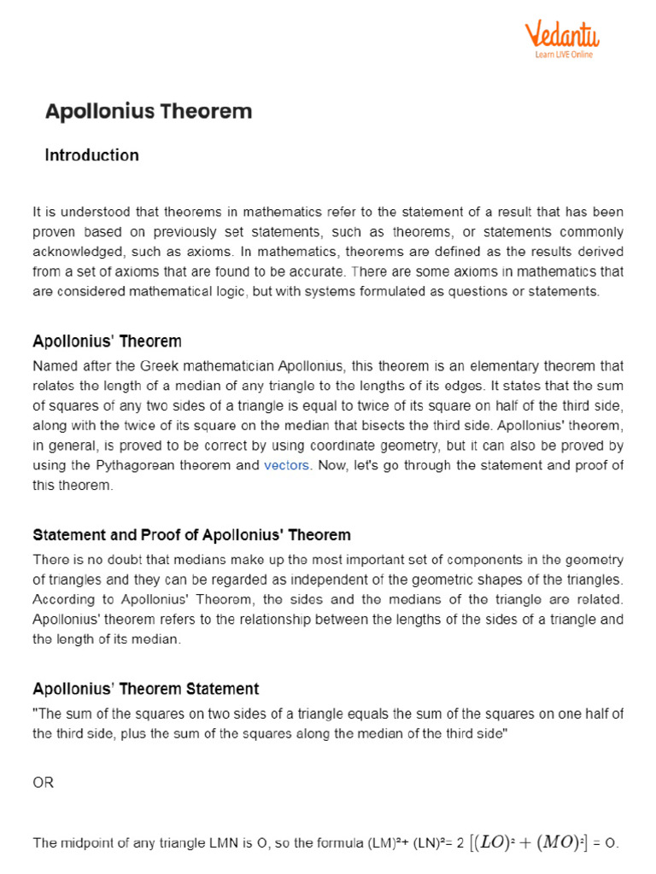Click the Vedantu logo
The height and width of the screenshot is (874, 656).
pyautogui.click(x=562, y=35)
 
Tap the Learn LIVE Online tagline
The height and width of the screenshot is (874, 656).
pyautogui.click(x=564, y=55)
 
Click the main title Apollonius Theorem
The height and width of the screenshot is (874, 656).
pyautogui.click(x=149, y=111)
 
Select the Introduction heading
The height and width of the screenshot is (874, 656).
pyautogui.click(x=91, y=155)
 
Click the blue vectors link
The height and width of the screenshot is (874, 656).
pyautogui.click(x=287, y=465)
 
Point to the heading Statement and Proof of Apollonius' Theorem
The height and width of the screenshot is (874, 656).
pyautogui.click(x=191, y=535)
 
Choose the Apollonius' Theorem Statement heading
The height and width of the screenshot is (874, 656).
pyautogui.click(x=146, y=688)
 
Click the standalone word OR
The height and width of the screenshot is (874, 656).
pyautogui.click(x=43, y=782)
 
